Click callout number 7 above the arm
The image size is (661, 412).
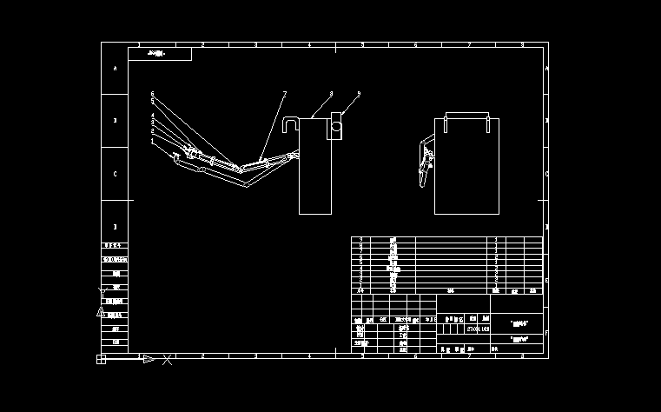(x=283, y=93)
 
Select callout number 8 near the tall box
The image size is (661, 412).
(x=331, y=93)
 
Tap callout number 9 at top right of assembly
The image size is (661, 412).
(x=358, y=93)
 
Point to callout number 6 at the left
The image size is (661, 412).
(x=152, y=94)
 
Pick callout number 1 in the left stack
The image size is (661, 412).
(x=152, y=140)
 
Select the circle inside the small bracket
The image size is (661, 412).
(x=335, y=130)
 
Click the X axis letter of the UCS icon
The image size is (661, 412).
(x=168, y=359)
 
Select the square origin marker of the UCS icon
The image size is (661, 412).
(x=101, y=359)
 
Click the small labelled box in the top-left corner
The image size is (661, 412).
(x=160, y=54)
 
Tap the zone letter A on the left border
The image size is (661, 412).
(x=116, y=68)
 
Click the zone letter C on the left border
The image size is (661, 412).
(x=116, y=174)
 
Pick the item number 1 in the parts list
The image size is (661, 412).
(x=361, y=284)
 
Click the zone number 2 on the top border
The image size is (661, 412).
(x=202, y=44)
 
